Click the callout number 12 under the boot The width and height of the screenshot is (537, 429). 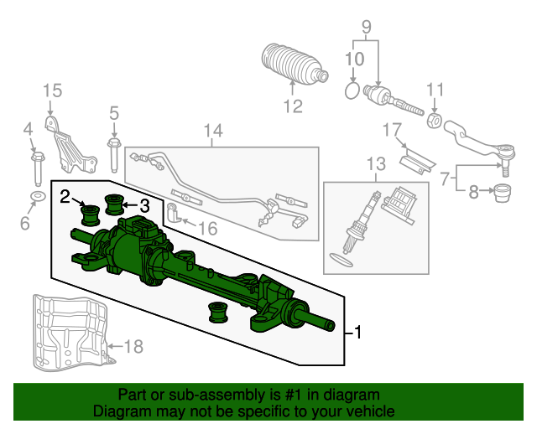pos(293,106)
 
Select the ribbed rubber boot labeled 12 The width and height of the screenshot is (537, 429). pos(295,64)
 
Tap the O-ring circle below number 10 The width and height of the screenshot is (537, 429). pos(352,91)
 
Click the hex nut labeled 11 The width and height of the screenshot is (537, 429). pos(434,121)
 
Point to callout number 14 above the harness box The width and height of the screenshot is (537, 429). pos(213,131)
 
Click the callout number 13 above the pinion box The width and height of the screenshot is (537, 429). pos(376,164)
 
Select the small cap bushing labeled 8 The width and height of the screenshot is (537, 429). pos(503,194)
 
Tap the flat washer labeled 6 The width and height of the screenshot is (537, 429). pos(38,197)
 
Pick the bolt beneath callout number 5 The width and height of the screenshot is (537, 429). pos(114,155)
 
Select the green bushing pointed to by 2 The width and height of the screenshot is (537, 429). pos(91,215)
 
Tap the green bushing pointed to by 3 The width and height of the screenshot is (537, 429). pos(114,204)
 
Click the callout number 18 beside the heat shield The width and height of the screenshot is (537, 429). pos(133,347)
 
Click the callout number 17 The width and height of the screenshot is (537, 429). pos(392,130)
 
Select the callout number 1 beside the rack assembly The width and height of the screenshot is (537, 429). pos(357,332)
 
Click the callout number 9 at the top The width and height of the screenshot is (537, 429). pos(366,27)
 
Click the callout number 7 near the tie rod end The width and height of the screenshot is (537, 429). pos(445,178)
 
